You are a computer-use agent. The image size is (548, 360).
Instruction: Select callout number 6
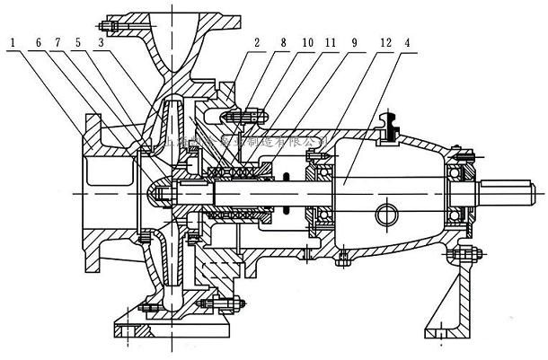pos(39,41)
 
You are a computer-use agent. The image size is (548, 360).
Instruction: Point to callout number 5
pos(79,41)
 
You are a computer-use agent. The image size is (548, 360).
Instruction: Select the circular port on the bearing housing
pos(386,215)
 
